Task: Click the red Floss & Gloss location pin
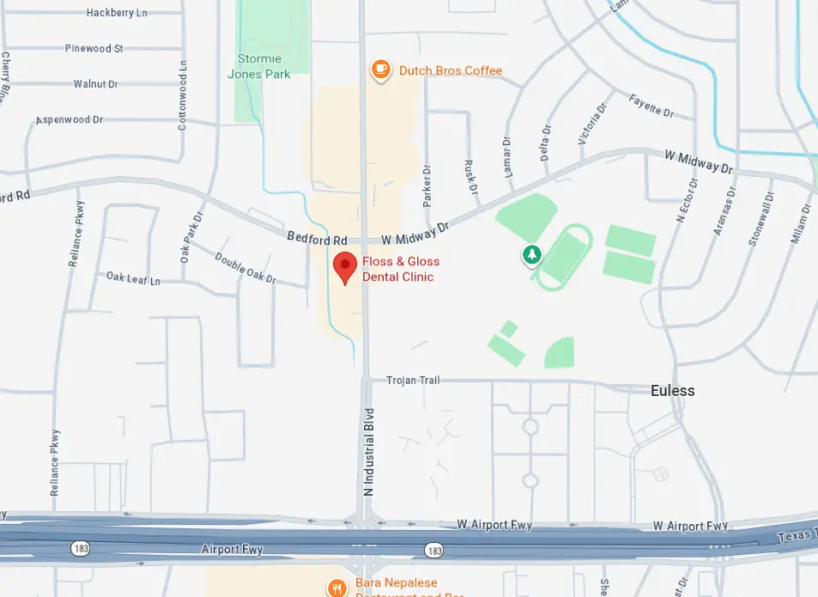tap(345, 268)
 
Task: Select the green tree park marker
tap(533, 254)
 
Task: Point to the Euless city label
tap(672, 391)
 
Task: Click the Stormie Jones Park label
tap(258, 67)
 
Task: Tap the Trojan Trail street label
tap(413, 381)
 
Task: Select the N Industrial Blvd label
tap(369, 451)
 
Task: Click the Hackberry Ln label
tap(117, 13)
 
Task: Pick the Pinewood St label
tap(94, 49)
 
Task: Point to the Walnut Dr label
tap(95, 84)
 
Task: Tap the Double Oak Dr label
tap(245, 268)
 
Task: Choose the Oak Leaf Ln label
tap(133, 279)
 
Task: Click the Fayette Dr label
tap(651, 107)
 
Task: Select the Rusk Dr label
tap(470, 175)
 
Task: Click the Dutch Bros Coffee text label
tap(451, 70)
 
